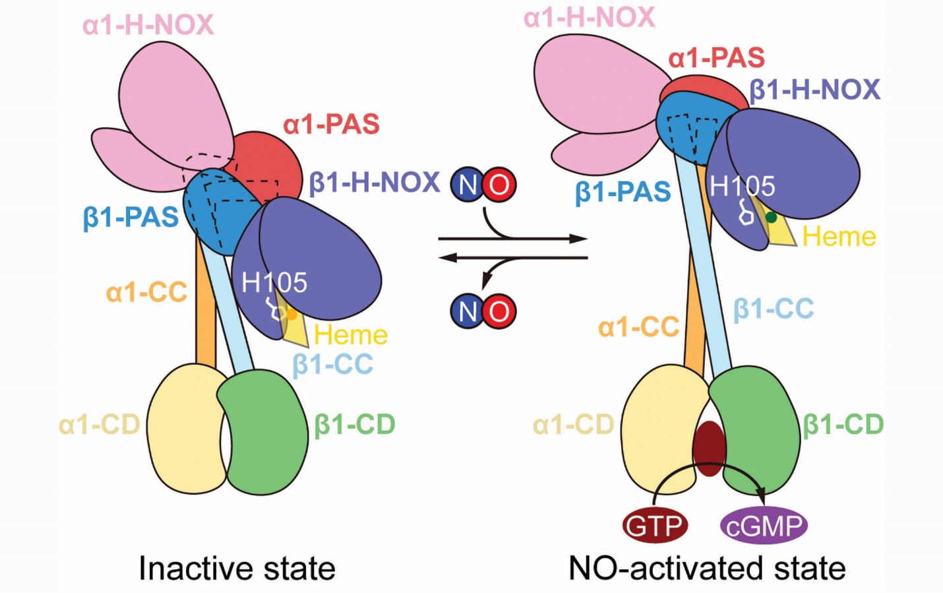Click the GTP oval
pos(655,526)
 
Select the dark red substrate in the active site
pos(709,448)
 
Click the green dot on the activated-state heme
pos(771,217)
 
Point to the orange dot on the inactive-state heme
pos(291,315)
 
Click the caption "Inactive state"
pos(237,568)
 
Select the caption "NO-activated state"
pos(707,568)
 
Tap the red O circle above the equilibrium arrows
pos(499,185)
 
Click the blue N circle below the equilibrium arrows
pos(468,311)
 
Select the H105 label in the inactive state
pos(274,282)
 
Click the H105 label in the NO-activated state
pos(742,187)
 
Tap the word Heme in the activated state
pos(839,236)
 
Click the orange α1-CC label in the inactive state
pos(146,292)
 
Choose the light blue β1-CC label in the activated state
pos(774,309)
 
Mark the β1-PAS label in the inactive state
pos(131,217)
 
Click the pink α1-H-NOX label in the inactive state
pos(148,25)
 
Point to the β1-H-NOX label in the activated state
pos(814,90)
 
